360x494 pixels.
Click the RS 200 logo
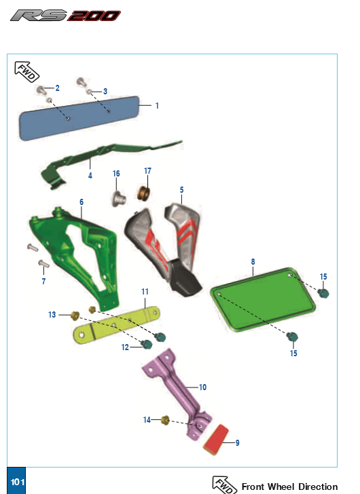tap(66, 16)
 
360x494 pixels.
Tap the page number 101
tap(18, 482)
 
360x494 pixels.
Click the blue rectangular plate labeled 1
tap(79, 118)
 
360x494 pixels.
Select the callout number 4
tap(90, 176)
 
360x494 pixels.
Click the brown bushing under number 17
tap(143, 193)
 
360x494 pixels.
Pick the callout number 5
tap(181, 190)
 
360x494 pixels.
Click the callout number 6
tap(82, 202)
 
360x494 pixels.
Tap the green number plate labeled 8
tap(263, 300)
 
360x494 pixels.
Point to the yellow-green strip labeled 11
tap(117, 325)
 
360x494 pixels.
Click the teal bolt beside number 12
tap(147, 344)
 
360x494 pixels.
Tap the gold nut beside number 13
tap(75, 316)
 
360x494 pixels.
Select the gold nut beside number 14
tap(165, 420)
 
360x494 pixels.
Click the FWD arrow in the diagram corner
tap(26, 72)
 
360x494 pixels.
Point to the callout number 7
tap(43, 282)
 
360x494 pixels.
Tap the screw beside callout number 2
tap(41, 90)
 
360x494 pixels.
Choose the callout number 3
tap(105, 92)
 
